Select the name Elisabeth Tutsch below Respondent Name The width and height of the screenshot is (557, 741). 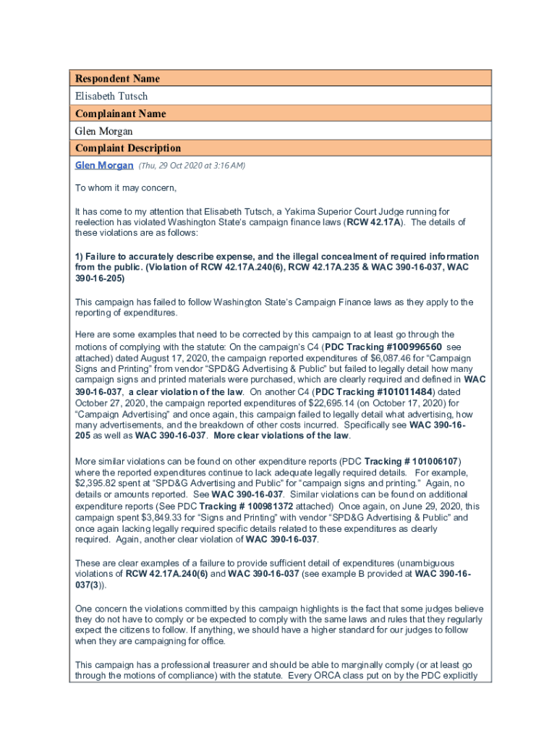point(111,96)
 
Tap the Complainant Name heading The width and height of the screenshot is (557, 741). point(121,114)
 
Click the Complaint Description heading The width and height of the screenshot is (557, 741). point(128,148)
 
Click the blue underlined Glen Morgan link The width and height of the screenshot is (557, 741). point(104,166)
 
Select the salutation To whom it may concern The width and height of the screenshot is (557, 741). point(127,188)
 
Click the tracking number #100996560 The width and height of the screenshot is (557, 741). point(403,347)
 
